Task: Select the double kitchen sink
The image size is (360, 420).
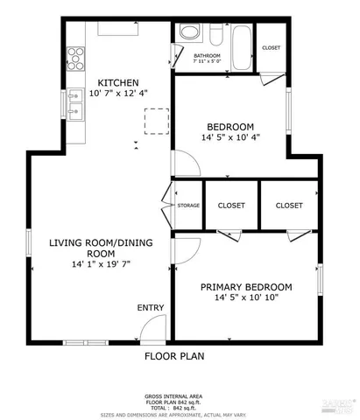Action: (75, 110)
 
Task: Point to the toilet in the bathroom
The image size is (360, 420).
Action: (215, 35)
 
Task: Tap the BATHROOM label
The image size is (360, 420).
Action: (208, 55)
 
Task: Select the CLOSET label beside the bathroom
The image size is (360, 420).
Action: (272, 48)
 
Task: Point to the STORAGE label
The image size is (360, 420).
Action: (188, 206)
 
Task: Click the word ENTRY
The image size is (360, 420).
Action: (150, 307)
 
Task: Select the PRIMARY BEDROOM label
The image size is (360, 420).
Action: (246, 286)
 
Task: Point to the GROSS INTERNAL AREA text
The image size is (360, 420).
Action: (179, 395)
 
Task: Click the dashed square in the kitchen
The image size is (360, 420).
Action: (156, 121)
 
